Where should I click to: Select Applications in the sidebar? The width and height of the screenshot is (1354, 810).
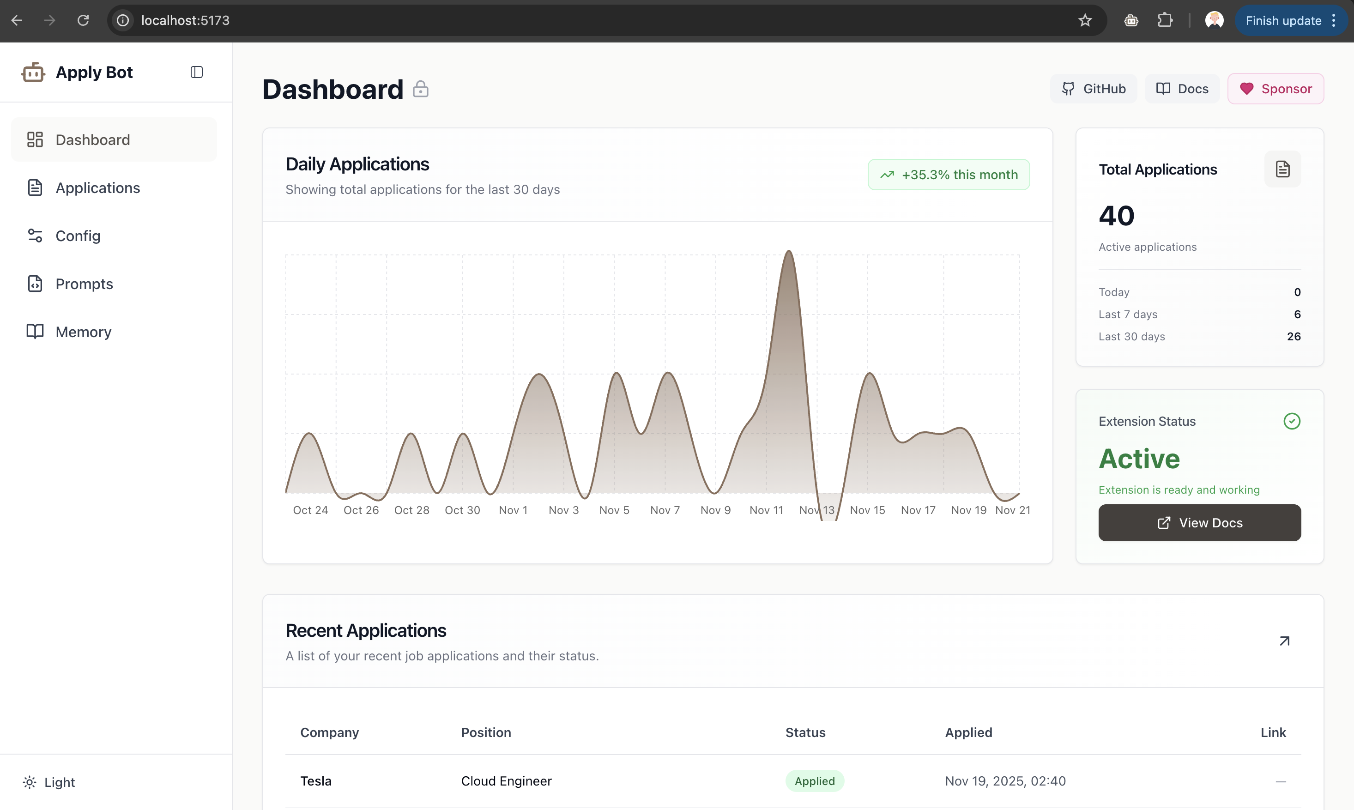click(98, 188)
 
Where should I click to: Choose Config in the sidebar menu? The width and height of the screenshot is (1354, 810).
click(78, 236)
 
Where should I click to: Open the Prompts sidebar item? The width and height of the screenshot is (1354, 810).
click(84, 284)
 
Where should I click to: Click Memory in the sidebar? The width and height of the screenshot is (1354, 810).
click(84, 332)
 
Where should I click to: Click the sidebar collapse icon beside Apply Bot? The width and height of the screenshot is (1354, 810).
click(196, 72)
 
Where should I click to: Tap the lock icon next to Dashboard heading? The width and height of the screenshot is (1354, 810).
click(420, 89)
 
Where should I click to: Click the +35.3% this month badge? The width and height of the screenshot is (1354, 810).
click(949, 175)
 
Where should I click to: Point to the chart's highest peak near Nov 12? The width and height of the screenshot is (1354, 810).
click(789, 252)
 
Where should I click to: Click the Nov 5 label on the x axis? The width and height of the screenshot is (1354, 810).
click(614, 510)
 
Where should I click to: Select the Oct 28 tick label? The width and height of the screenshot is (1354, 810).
click(411, 510)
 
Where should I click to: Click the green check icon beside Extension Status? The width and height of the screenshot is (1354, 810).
click(1291, 421)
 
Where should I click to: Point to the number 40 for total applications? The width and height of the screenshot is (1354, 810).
click(1116, 216)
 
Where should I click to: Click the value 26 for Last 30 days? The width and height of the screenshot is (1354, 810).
click(1294, 337)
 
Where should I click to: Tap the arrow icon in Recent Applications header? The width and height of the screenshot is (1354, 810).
click(1284, 641)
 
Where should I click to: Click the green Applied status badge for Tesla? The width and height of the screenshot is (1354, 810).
click(814, 781)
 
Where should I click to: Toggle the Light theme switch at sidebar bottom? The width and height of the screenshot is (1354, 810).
click(49, 782)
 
